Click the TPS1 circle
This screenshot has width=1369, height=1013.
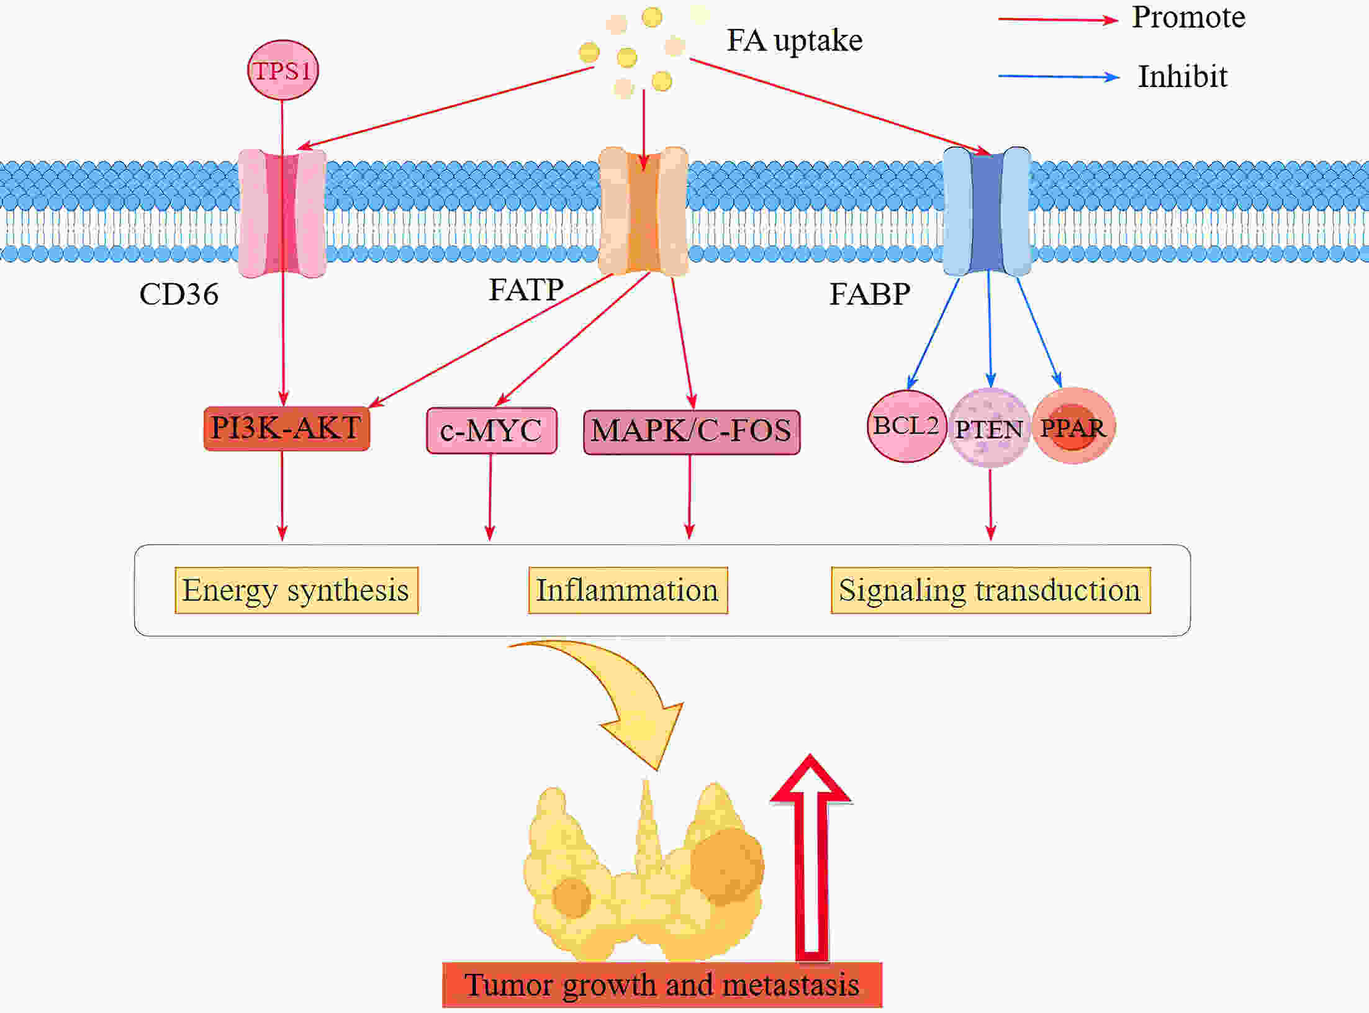pos(283,70)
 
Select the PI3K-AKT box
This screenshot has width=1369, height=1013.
pos(287,429)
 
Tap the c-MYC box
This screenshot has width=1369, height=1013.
pos(492,430)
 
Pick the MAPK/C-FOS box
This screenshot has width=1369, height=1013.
pos(692,432)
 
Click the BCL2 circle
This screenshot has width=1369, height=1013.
pos(906,426)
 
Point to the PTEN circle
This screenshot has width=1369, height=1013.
pos(989,428)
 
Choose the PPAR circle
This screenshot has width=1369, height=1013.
pos(1073,427)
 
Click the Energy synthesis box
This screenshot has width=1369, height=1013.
pos(297,590)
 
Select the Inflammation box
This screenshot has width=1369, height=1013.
pos(628,590)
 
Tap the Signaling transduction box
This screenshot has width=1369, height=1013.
pos(991,590)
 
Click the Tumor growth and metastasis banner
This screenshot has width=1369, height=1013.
pos(662,985)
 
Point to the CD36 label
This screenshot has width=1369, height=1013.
pos(179,294)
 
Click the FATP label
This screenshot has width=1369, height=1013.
pos(526,289)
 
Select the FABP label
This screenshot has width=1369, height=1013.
pos(870,294)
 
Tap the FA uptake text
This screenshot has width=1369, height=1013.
pos(795,40)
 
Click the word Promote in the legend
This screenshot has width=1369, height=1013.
pos(1189,17)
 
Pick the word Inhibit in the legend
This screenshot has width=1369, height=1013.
pos(1183,76)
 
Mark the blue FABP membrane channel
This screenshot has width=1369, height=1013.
pos(987,211)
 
